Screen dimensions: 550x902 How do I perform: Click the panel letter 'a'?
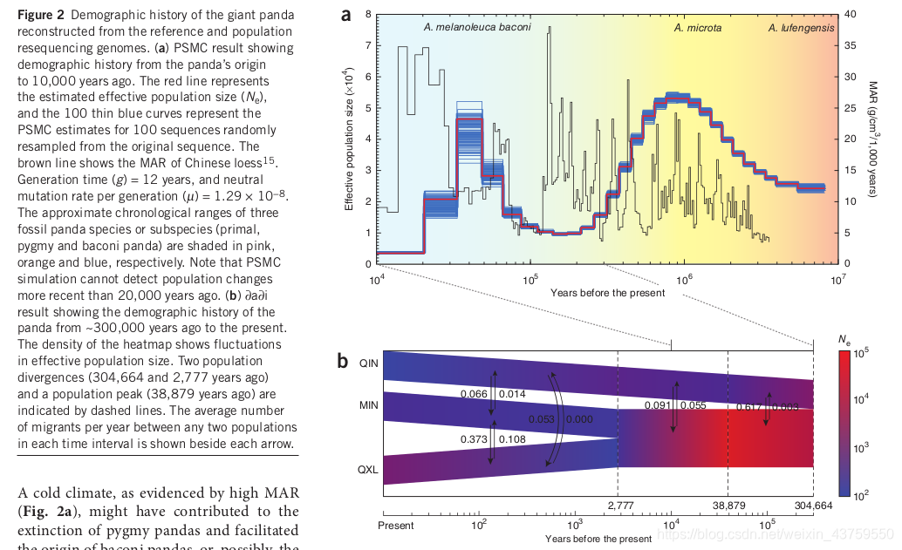pyautogui.click(x=346, y=14)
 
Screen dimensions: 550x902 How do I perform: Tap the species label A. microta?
pyautogui.click(x=697, y=28)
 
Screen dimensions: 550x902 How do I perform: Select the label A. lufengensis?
pyautogui.click(x=801, y=28)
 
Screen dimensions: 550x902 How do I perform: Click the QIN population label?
pyautogui.click(x=369, y=364)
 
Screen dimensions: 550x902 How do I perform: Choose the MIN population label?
pyautogui.click(x=369, y=405)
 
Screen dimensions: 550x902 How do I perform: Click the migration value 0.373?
pyautogui.click(x=474, y=439)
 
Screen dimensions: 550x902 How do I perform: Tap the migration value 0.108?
pyautogui.click(x=512, y=439)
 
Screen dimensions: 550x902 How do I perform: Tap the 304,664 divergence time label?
pyautogui.click(x=813, y=506)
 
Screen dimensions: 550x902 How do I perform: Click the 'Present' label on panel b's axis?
pyautogui.click(x=396, y=526)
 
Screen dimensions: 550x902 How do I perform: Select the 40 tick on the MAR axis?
pyautogui.click(x=851, y=14)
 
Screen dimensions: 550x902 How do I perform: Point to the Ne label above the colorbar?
pyautogui.click(x=844, y=338)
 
